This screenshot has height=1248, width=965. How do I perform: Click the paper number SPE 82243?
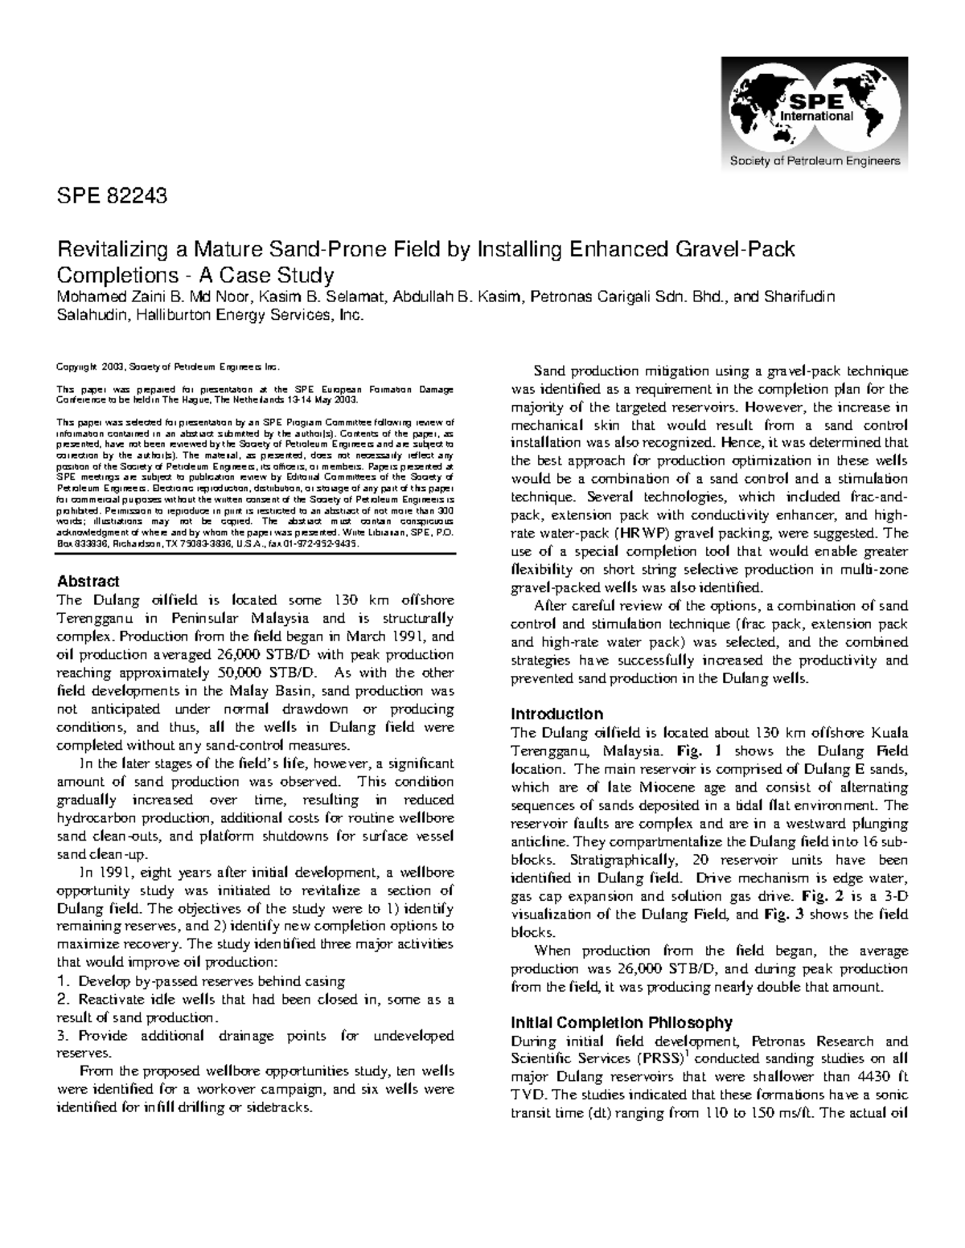tap(112, 194)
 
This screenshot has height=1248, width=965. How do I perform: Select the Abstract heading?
tap(88, 581)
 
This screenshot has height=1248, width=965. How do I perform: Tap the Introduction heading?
tap(557, 714)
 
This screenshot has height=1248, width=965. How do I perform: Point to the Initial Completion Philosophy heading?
tap(622, 1022)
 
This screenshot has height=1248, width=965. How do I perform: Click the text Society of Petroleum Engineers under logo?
tap(814, 162)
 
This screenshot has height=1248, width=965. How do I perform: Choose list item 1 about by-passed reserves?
tap(201, 981)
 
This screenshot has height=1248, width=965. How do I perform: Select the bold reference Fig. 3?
tap(781, 915)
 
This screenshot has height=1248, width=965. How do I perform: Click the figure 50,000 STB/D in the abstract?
tap(268, 673)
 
